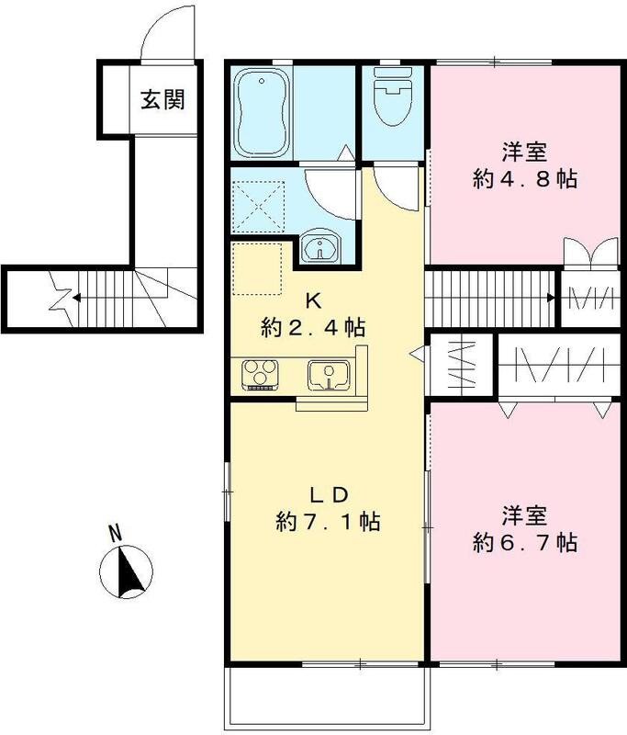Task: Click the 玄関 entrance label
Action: coord(162,100)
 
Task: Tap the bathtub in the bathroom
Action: coord(262,113)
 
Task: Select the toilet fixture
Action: coord(393,96)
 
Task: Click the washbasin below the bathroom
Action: coord(320,247)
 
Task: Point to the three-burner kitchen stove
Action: coord(260,374)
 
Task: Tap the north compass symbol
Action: coord(127,571)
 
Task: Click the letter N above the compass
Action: coord(115,533)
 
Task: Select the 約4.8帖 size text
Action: coord(525,179)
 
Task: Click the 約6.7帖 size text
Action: coord(525,543)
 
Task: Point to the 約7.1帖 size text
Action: coord(328,521)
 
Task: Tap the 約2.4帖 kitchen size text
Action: coord(313,328)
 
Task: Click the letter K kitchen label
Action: coord(313,301)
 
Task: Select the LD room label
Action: coord(329,494)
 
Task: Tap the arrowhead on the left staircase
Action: coord(75,298)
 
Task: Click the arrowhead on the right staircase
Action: coord(552,298)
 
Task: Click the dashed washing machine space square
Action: coord(258,207)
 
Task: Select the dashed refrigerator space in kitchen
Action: coord(257,268)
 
